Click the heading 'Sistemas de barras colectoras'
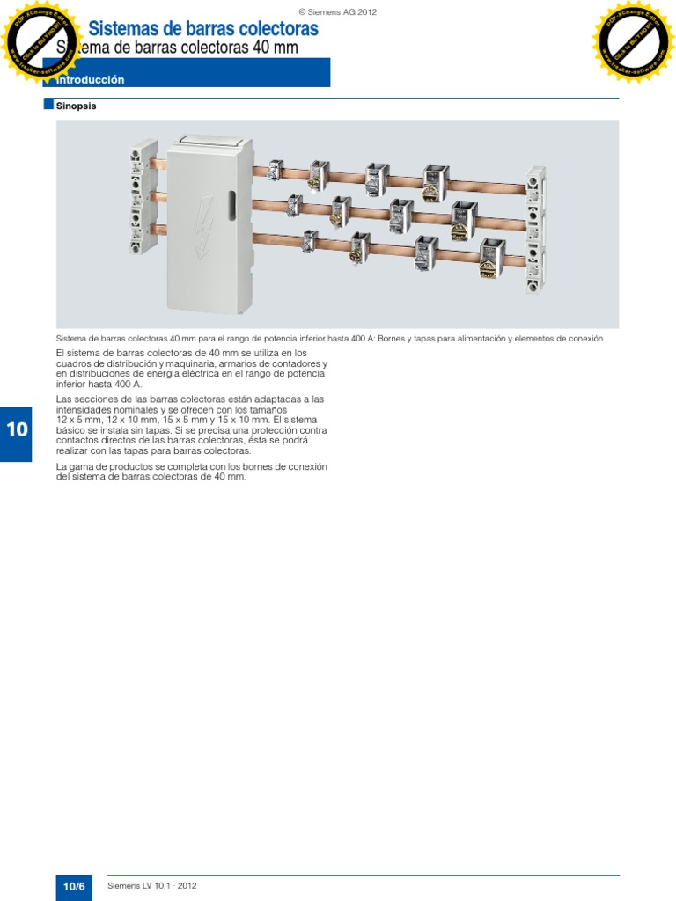(203, 29)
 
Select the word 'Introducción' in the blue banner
(91, 80)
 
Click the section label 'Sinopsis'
(76, 106)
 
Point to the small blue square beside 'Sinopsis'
(48, 105)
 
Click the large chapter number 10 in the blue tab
(18, 430)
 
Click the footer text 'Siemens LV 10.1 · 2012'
(151, 886)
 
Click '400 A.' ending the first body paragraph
(127, 385)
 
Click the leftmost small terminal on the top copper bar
(275, 169)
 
